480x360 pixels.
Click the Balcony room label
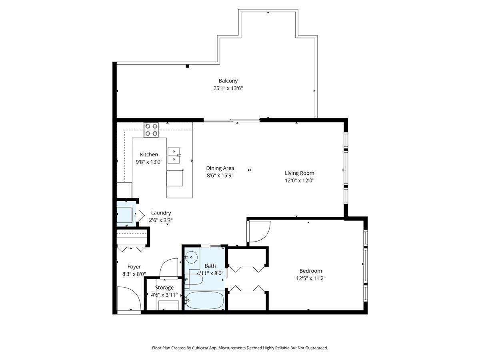coord(228,81)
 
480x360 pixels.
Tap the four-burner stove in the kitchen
coord(152,130)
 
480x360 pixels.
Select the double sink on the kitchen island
coord(174,155)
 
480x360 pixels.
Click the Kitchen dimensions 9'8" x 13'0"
coord(149,162)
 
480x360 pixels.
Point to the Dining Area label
coord(220,168)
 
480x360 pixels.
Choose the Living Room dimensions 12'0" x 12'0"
coord(299,180)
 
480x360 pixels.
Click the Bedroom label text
coord(310,271)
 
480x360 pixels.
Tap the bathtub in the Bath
coord(205,300)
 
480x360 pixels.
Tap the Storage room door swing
coord(168,268)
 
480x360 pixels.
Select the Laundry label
coord(161,213)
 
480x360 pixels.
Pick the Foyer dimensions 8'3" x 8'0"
coord(134,274)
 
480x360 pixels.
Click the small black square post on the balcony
coord(187,66)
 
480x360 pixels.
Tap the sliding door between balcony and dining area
coord(232,120)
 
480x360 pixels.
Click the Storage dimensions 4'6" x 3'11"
coord(164,295)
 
